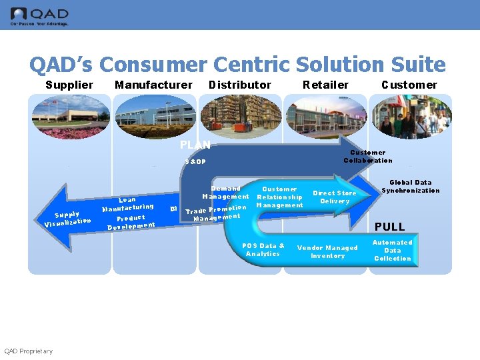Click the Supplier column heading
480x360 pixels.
(x=69, y=85)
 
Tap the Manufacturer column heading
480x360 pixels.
(x=153, y=85)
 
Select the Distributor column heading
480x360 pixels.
(x=240, y=85)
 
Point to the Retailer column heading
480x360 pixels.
(x=325, y=85)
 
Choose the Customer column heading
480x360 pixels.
(x=409, y=85)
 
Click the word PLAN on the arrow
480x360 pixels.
(x=195, y=145)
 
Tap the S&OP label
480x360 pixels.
(x=195, y=162)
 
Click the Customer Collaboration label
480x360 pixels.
(x=368, y=156)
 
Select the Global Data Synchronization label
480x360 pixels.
(x=411, y=186)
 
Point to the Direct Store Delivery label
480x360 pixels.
(x=335, y=197)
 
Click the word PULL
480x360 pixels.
(x=389, y=227)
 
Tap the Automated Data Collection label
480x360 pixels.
(x=393, y=250)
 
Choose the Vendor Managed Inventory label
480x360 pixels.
(x=327, y=251)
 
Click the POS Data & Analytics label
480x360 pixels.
(x=263, y=249)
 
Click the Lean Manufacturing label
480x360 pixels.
(x=127, y=204)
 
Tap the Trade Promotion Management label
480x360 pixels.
(x=216, y=213)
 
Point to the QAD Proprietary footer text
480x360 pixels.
(x=28, y=351)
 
